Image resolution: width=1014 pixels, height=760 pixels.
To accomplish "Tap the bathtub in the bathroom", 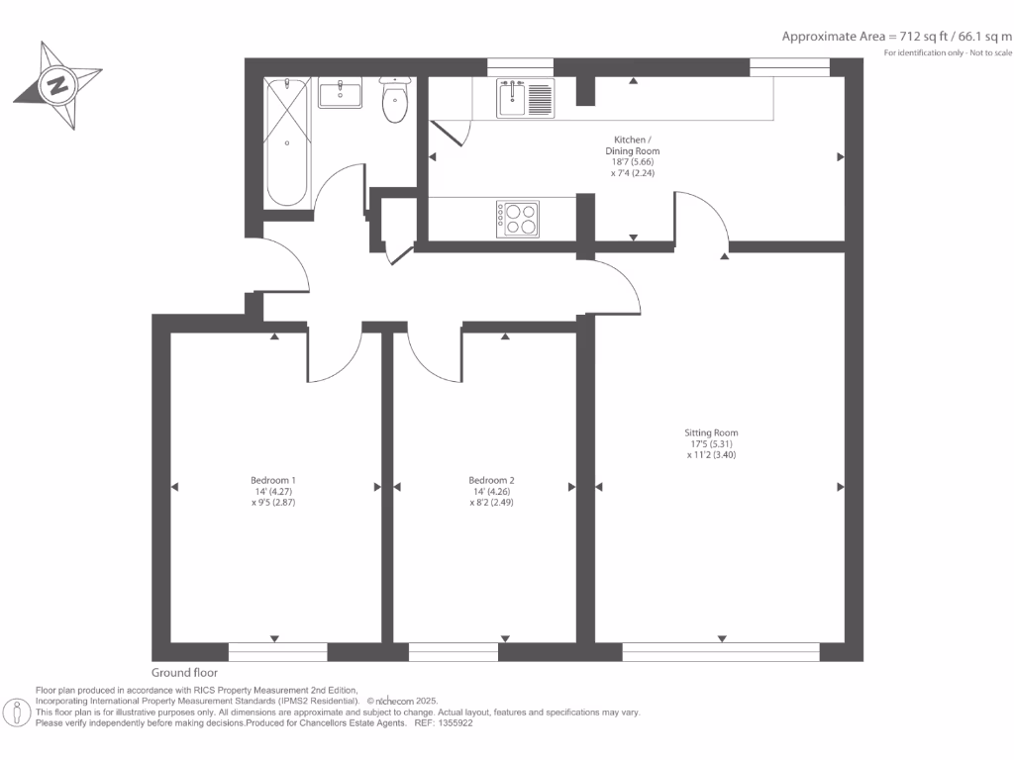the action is click(287, 142).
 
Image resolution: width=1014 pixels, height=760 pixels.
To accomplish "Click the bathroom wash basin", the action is click(341, 93).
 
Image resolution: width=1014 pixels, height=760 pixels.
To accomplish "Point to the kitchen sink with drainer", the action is click(525, 98).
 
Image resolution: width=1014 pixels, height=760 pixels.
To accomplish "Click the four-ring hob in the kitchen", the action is click(517, 219).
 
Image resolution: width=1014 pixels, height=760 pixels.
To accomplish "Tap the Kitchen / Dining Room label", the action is click(633, 145).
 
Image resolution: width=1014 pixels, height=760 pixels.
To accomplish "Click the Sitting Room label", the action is click(711, 433).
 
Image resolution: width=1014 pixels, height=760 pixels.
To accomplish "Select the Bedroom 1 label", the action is click(273, 480).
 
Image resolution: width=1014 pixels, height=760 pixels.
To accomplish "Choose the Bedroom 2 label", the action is click(491, 480).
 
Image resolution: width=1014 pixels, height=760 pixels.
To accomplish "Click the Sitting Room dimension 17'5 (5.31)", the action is click(711, 444).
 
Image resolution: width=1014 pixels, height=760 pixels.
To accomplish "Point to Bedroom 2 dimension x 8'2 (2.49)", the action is click(491, 502).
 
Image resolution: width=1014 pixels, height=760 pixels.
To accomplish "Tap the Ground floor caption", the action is click(184, 673).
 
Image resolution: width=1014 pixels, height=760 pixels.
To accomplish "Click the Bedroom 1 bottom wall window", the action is click(278, 652).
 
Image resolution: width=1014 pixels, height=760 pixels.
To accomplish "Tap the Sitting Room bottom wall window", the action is click(721, 652).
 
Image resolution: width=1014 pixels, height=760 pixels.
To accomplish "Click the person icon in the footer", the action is click(17, 712).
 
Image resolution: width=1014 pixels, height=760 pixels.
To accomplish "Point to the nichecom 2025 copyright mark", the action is click(402, 702).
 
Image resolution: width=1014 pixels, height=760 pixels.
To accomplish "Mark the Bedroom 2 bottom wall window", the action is click(454, 652).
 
